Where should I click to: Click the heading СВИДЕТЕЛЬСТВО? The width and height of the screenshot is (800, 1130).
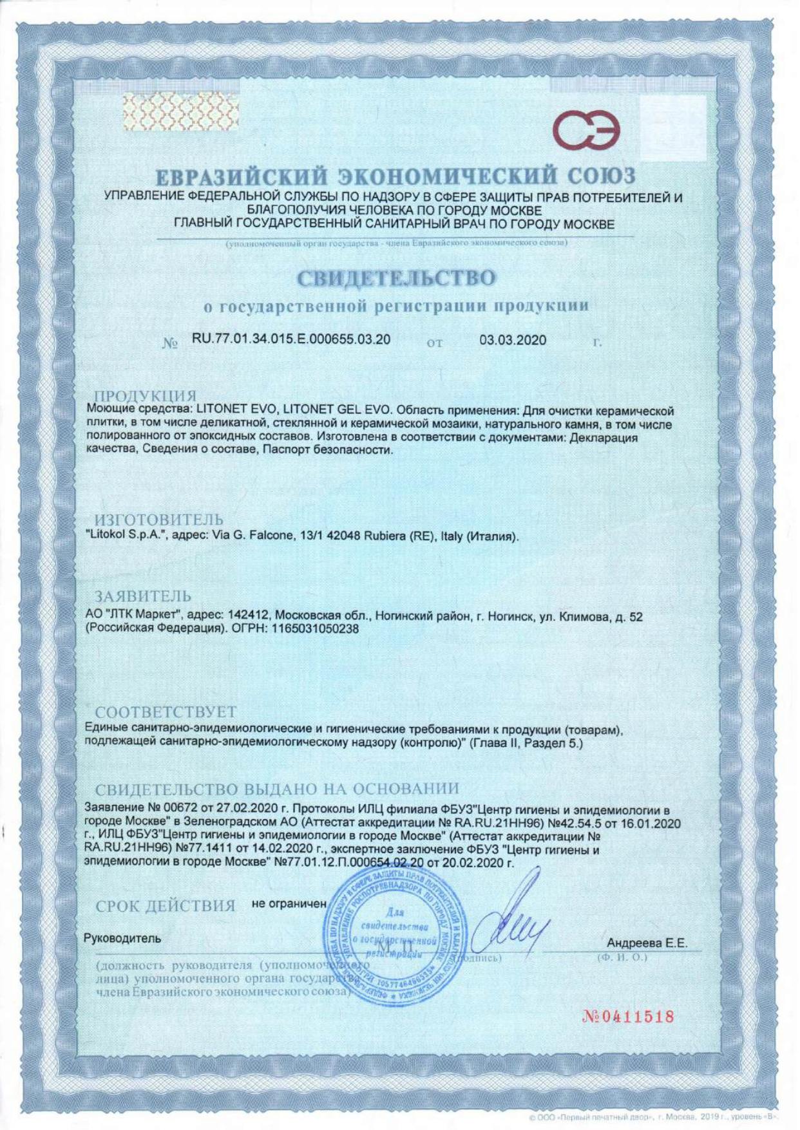pyautogui.click(x=396, y=278)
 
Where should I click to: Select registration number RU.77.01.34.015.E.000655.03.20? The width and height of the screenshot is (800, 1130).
pyautogui.click(x=291, y=339)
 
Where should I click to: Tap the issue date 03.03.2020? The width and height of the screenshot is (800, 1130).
pyautogui.click(x=513, y=340)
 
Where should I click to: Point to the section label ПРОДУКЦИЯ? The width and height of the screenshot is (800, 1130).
pyautogui.click(x=146, y=396)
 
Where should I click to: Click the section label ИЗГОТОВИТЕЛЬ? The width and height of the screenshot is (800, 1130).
pyautogui.click(x=159, y=519)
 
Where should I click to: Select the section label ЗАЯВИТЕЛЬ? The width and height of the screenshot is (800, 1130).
pyautogui.click(x=143, y=596)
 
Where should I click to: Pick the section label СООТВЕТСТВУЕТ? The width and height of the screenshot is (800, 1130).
pyautogui.click(x=166, y=712)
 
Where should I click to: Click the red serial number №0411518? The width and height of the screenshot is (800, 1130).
pyautogui.click(x=628, y=1017)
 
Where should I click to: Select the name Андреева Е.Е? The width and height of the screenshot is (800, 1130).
pyautogui.click(x=647, y=943)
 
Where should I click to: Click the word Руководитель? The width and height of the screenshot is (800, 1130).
pyautogui.click(x=122, y=938)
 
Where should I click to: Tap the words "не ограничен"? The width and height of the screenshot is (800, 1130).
pyautogui.click(x=289, y=903)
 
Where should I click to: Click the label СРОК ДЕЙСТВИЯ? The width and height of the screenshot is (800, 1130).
pyautogui.click(x=166, y=906)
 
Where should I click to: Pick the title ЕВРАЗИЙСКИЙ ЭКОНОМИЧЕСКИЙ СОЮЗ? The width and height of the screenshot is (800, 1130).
pyautogui.click(x=396, y=176)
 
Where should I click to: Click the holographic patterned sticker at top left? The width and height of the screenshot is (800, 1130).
pyautogui.click(x=180, y=109)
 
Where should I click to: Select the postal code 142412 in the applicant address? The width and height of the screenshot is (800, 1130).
pyautogui.click(x=244, y=616)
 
